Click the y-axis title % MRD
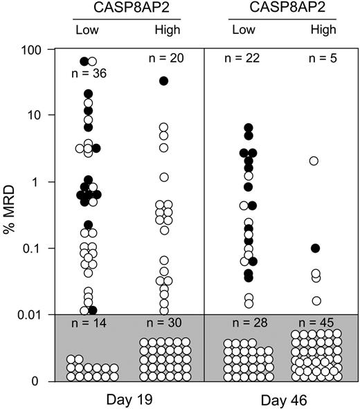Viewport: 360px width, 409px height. coord(10,215)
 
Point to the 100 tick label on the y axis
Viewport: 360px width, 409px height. coord(37,49)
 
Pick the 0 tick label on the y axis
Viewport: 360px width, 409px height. coord(44,381)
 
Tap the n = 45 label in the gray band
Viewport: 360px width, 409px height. coord(316,325)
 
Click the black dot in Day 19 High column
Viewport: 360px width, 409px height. coord(164,81)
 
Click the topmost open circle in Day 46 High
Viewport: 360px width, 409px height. coord(314,161)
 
